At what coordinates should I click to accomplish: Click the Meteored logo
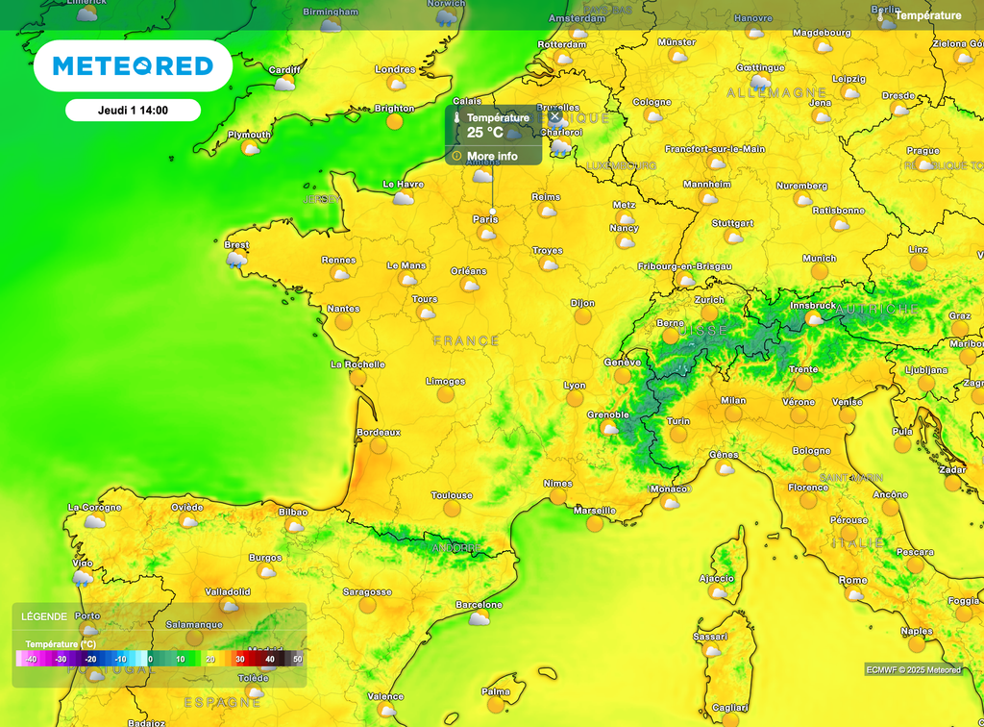(x=133, y=65)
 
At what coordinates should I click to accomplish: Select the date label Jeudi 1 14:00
(x=133, y=111)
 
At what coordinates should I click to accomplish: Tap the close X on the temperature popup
(x=554, y=116)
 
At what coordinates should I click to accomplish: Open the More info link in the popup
(x=492, y=156)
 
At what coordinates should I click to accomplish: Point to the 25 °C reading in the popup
(x=485, y=133)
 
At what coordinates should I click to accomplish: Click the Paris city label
(x=485, y=219)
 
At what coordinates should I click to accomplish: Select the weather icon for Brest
(x=236, y=259)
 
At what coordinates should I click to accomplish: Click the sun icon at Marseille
(x=595, y=523)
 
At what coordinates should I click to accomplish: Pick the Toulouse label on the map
(x=452, y=495)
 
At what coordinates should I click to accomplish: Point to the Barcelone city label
(x=479, y=605)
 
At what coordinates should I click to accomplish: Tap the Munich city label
(x=819, y=259)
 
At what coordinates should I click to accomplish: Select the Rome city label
(x=852, y=580)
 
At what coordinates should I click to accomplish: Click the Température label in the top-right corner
(x=927, y=15)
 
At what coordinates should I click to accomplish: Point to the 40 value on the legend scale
(x=270, y=659)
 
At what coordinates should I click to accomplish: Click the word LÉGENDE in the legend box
(x=44, y=616)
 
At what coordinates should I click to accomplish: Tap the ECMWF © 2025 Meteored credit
(x=913, y=669)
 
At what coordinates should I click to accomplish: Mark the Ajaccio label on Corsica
(x=716, y=578)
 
